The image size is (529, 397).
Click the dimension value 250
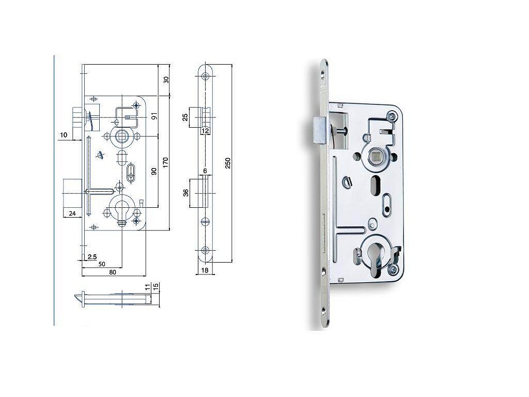(228, 163)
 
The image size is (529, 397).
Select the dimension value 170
(165, 163)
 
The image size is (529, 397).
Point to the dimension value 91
(154, 116)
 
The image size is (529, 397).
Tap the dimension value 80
(113, 272)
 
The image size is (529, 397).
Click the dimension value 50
(102, 264)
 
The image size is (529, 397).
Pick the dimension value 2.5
(92, 257)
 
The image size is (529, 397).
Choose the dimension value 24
(72, 213)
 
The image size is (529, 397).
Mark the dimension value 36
(185, 193)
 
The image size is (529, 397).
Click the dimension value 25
(185, 117)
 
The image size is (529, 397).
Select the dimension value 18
(205, 270)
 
